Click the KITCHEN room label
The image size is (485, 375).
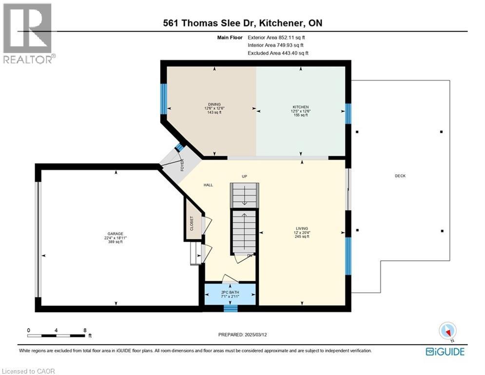(x=301, y=107)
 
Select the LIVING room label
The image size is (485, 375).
(x=302, y=228)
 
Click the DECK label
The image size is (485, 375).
(x=400, y=176)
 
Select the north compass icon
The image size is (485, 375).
(x=446, y=331)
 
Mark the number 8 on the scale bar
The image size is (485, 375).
(x=85, y=330)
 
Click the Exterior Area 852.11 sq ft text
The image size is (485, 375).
(x=278, y=37)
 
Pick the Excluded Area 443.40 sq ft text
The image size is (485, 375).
(x=278, y=53)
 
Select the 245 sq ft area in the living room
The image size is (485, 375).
(x=302, y=236)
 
